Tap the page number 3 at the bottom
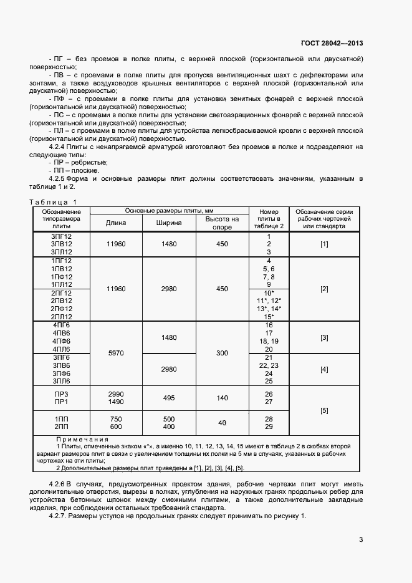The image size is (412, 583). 361,539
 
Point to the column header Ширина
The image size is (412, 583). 170,223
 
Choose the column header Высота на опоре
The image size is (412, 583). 223,223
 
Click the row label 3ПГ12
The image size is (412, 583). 62,236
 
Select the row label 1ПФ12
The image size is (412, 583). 62,276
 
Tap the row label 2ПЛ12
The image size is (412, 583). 62,317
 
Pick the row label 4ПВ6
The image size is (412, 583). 62,334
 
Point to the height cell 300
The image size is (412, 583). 223,353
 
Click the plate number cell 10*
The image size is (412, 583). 269,292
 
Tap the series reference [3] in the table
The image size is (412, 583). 324,337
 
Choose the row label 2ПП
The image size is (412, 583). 62,426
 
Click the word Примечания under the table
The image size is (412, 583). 82,440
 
